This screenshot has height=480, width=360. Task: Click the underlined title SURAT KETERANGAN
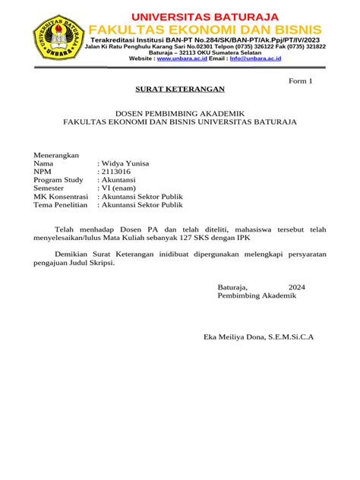pyautogui.click(x=180, y=90)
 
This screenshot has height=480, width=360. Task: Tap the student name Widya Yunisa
pyautogui.click(x=125, y=163)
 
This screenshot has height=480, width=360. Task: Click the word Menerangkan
pyautogui.click(x=57, y=154)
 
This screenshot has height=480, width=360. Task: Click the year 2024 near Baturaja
pyautogui.click(x=297, y=287)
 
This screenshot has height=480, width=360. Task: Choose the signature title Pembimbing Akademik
pyautogui.click(x=257, y=296)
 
